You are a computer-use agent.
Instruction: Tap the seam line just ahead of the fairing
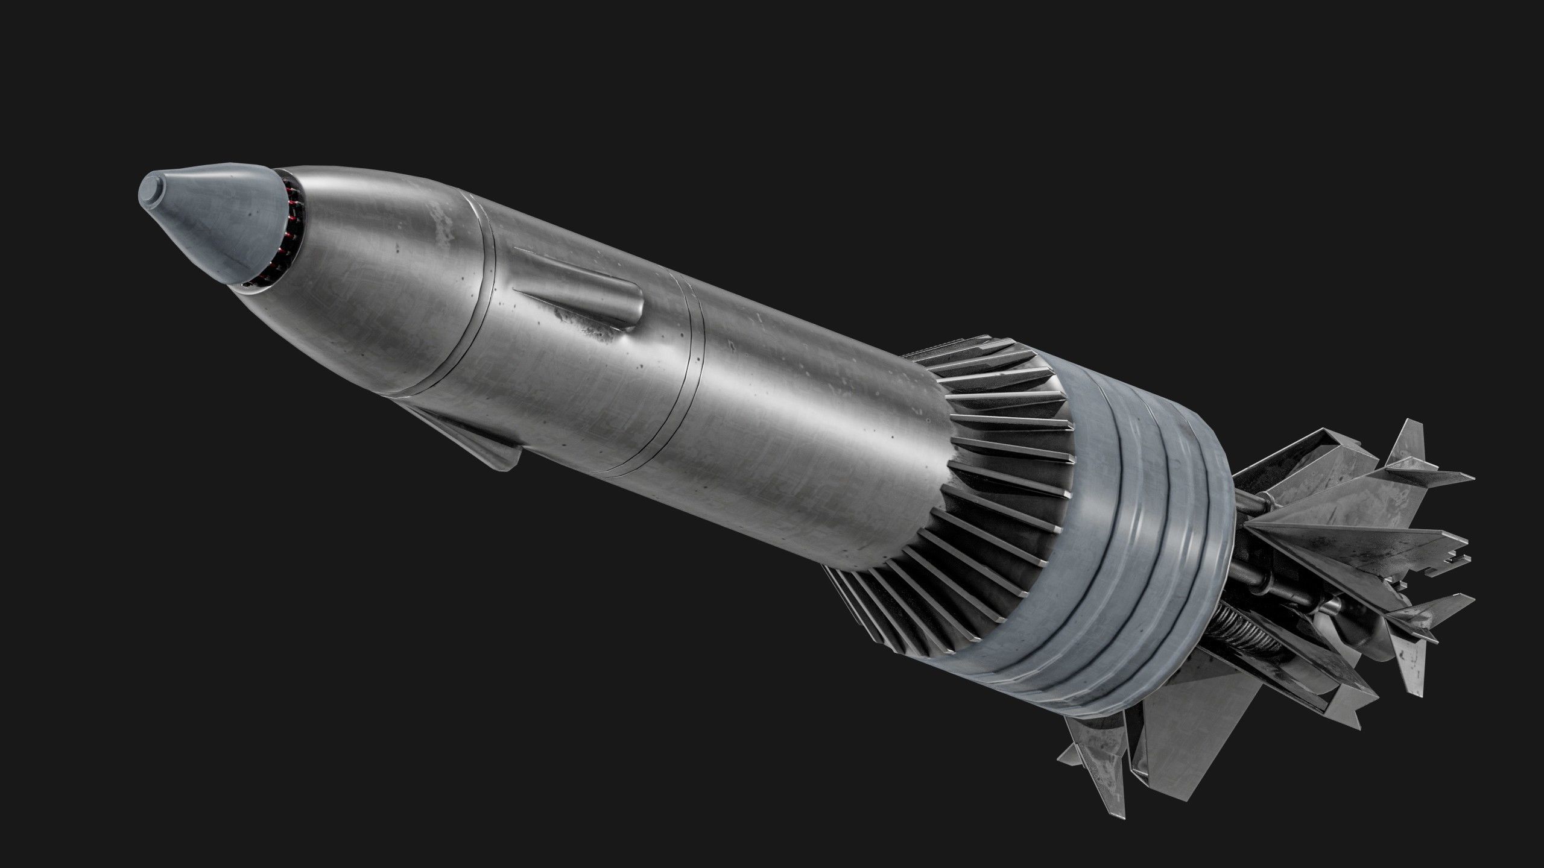coord(482,313)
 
